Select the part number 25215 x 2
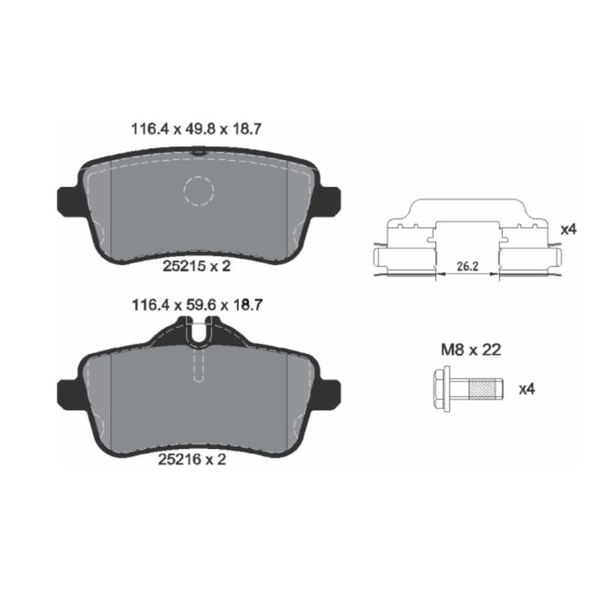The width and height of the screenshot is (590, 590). pos(196,266)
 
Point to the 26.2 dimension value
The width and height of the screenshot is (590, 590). pos(466,263)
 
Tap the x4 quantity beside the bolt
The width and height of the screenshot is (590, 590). pos(526,389)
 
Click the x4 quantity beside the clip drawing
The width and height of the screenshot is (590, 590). pos(567,229)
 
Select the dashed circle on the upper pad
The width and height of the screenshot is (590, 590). pos(198,192)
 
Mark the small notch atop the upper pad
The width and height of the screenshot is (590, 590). pos(197,151)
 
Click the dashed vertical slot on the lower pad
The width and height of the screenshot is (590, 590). pos(198,365)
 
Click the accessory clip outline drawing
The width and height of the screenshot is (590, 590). pos(466,240)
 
